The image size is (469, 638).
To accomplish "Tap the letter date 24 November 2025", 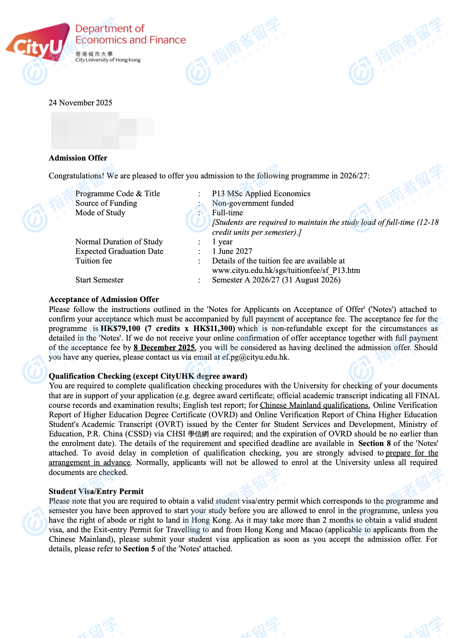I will (x=80, y=103).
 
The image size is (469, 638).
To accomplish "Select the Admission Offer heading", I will (x=78, y=158).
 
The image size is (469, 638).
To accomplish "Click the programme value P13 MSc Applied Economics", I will (x=261, y=194).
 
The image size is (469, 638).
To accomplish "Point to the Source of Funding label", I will (x=106, y=203).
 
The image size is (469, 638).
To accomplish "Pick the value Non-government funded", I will (x=253, y=203).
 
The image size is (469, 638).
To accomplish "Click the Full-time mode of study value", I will (x=227, y=213).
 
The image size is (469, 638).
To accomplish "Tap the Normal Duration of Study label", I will (x=119, y=242).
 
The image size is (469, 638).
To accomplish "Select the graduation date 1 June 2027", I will (x=232, y=251).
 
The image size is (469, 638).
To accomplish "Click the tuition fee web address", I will (x=286, y=270).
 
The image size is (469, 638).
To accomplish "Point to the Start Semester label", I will (x=99, y=280).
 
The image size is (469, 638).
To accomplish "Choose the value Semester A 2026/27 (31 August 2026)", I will (x=276, y=280).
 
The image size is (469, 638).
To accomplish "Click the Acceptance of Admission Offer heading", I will (x=104, y=300).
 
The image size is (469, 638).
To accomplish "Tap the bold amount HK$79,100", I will (x=121, y=329).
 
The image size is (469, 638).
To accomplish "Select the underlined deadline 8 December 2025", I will (x=164, y=348).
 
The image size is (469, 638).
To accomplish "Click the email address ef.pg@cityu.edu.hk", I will (x=255, y=357).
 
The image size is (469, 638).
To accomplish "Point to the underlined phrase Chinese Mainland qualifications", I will (x=314, y=405).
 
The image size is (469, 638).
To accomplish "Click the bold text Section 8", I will (x=375, y=443).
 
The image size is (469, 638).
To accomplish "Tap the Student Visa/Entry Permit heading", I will (x=96, y=492).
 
